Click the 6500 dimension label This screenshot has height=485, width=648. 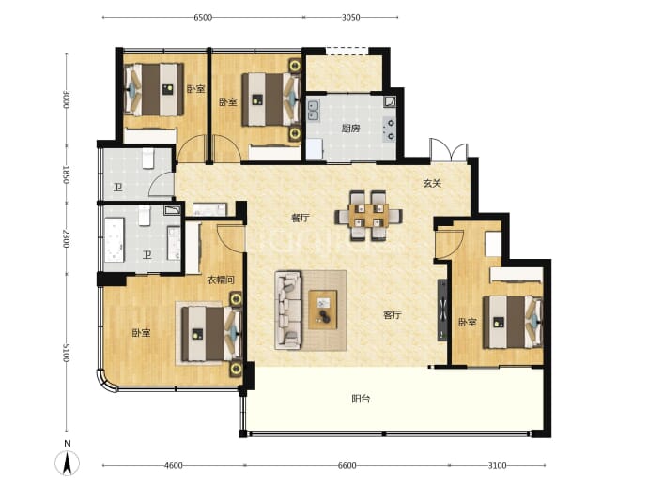coord(203,17)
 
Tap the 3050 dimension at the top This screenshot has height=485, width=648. coord(351,17)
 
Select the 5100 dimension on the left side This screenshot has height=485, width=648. coord(66,353)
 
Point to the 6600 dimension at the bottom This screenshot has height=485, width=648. coord(347,465)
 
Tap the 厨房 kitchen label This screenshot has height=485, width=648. coord(350,129)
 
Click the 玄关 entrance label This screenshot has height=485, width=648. coord(432,183)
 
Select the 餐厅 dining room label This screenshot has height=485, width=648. coord(301,218)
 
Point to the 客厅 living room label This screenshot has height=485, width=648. coord(393,315)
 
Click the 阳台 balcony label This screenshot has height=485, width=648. coord(361,399)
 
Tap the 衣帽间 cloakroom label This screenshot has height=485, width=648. coord(221,280)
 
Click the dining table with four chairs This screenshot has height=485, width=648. coord(368,215)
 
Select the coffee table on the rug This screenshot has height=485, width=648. coord(323,310)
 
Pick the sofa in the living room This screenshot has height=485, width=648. coord(288,311)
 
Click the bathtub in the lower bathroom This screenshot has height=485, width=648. coord(115,240)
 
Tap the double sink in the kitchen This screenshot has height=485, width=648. coord(314,111)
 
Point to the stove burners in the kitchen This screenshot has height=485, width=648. coord(390,129)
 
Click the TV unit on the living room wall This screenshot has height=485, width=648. coord(442,310)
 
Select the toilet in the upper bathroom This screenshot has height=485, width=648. coord(148,159)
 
